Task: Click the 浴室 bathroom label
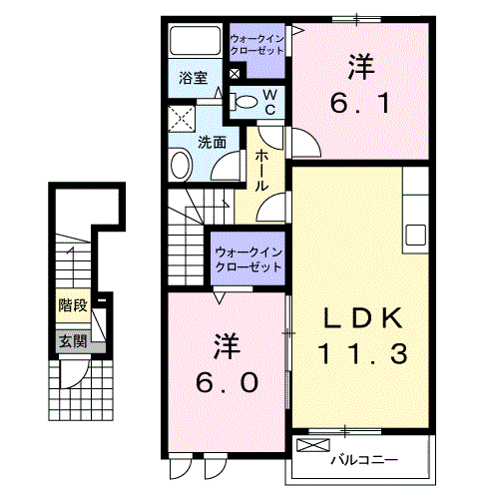(193, 78)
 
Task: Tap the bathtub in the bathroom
(196, 41)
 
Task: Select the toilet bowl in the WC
(244, 102)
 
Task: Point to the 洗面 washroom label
(212, 143)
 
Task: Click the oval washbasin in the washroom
(182, 165)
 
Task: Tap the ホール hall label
(261, 171)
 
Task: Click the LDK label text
(362, 318)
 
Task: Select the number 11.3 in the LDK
(362, 353)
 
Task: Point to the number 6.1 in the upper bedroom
(360, 103)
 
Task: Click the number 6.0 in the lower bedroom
(228, 382)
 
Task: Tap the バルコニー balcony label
(364, 460)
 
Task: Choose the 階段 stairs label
(73, 305)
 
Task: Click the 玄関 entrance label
(73, 341)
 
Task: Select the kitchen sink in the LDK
(415, 235)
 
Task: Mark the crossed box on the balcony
(313, 445)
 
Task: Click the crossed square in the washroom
(182, 119)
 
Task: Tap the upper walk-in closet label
(256, 45)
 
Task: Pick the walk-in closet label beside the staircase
(249, 259)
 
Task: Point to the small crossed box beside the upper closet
(235, 74)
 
